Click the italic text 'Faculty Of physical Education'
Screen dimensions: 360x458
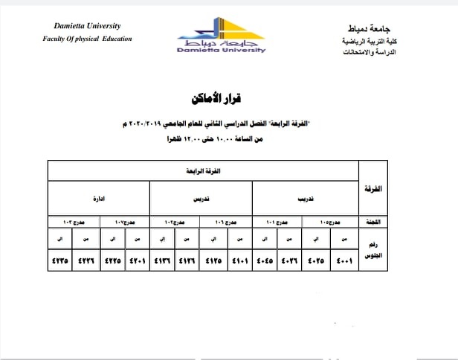pos(88,38)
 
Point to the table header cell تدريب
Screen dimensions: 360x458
pos(305,199)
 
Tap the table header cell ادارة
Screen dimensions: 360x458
pos(98,199)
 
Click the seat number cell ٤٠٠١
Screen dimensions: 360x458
pos(343,261)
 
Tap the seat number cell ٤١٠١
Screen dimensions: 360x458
pos(240,261)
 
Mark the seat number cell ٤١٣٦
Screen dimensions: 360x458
pos(163,261)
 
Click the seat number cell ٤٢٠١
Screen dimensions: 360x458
pos(138,261)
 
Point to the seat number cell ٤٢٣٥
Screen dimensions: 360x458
pos(59,261)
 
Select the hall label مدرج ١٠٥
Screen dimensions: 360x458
pos(330,222)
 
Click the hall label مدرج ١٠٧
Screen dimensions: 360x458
pos(124,222)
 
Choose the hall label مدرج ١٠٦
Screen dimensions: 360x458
pos(227,222)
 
